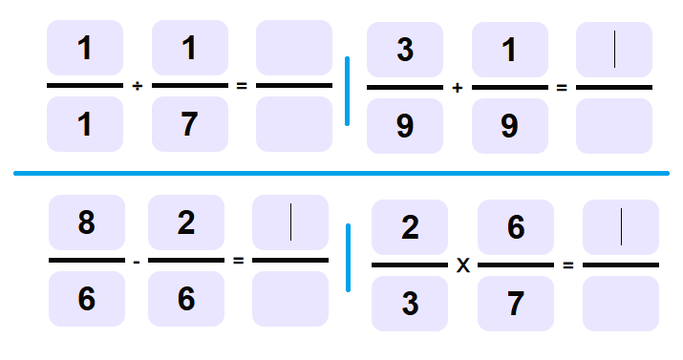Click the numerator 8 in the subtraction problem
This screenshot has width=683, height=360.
[x=86, y=222]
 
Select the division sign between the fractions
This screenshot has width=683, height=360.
[x=137, y=86]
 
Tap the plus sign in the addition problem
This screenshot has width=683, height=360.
[x=458, y=88]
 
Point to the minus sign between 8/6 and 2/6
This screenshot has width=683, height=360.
[x=137, y=260]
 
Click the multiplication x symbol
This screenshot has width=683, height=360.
[x=462, y=265]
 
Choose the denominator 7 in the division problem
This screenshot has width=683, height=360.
[x=190, y=124]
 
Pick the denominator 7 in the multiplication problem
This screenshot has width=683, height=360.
[x=515, y=304]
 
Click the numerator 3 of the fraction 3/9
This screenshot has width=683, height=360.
[x=405, y=50]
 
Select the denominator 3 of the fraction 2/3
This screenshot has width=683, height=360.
[x=410, y=304]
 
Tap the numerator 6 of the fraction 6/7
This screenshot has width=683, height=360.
[x=515, y=227]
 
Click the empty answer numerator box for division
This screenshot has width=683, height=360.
[x=294, y=48]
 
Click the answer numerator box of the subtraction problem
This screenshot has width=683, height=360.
[x=290, y=222]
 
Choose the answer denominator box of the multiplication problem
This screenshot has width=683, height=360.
[x=621, y=304]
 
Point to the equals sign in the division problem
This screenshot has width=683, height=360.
[x=242, y=86]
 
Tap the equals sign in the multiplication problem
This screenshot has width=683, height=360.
[x=568, y=265]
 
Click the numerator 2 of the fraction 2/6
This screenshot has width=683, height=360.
[x=186, y=222]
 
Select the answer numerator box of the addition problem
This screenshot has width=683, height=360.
[x=614, y=50]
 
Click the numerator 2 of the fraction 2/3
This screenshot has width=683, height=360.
[x=410, y=227]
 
